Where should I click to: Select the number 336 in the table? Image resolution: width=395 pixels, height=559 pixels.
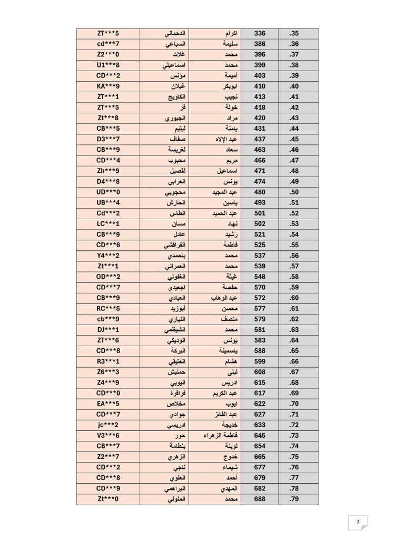tap(260, 33)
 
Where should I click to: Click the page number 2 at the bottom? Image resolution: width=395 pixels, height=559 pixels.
tap(358, 522)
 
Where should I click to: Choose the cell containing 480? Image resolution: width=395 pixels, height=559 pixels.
tap(260, 192)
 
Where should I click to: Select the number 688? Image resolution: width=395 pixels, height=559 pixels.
tap(260, 499)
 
